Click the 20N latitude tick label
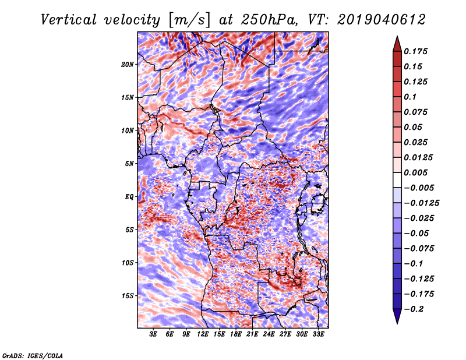click(128, 64)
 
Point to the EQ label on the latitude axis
click(129, 196)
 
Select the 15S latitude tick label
click(128, 295)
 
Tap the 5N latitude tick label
click(129, 163)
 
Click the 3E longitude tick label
click(154, 334)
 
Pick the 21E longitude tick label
click(253, 334)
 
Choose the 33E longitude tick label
click(319, 334)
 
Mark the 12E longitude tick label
click(203, 334)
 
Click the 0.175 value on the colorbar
click(417, 51)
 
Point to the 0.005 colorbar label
click(417, 172)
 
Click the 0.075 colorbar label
click(417, 112)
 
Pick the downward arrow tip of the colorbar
click(396, 322)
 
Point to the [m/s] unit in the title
click(188, 19)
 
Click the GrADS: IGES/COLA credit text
click(32, 355)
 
